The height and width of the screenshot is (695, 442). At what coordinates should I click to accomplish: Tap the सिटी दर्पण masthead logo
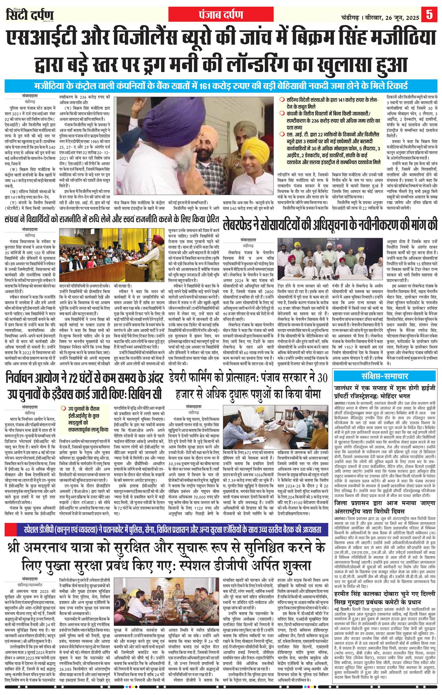(30, 15)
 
